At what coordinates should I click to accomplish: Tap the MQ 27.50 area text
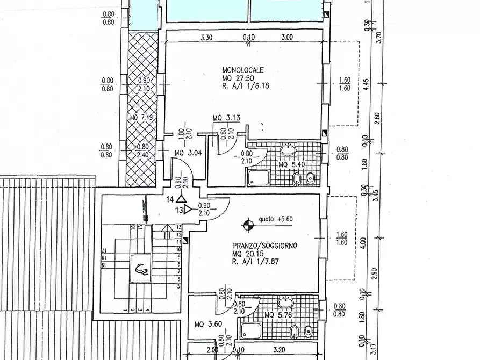click(237, 78)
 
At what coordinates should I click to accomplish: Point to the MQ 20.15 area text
click(246, 254)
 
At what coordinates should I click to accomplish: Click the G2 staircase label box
click(142, 267)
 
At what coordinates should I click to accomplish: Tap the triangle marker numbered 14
click(180, 199)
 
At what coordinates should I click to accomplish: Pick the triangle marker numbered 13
click(188, 210)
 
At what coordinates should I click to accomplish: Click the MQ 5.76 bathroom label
click(278, 316)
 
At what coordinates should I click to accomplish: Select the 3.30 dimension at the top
click(206, 38)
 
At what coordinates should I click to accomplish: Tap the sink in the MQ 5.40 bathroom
click(289, 149)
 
